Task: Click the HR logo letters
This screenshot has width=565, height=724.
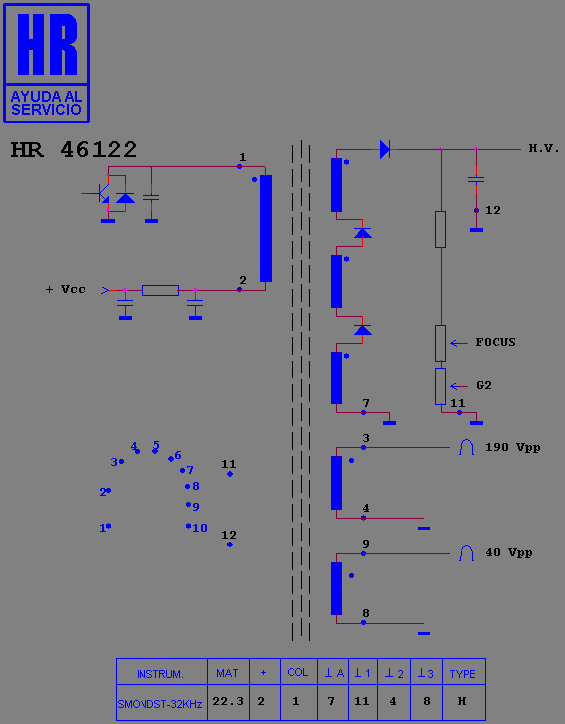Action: pos(47,44)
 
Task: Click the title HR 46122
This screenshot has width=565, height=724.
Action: pos(74,150)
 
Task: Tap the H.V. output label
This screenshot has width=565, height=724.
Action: pos(544,148)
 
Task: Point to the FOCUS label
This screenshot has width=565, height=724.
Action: pos(495,342)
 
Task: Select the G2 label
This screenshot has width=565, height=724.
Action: pos(484,385)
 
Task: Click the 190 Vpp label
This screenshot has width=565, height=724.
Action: pos(513,447)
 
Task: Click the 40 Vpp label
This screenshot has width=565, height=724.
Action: pos(509,553)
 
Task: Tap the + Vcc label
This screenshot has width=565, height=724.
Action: pos(65,289)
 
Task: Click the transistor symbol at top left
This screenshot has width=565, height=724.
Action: pos(102,193)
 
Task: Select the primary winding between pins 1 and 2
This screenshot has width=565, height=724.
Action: pos(266,228)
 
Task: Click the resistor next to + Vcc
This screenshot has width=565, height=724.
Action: pos(160,290)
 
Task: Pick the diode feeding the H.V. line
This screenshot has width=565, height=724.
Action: pos(385,149)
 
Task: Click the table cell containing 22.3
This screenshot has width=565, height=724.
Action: pos(228,702)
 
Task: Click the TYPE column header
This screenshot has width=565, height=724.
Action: pos(463,672)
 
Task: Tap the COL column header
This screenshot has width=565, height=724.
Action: pos(298,672)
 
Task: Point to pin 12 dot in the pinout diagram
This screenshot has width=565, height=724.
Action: pos(230,545)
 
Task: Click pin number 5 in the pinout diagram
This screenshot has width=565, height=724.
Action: pos(156,445)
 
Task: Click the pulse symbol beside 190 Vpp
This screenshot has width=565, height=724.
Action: pos(466,447)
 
